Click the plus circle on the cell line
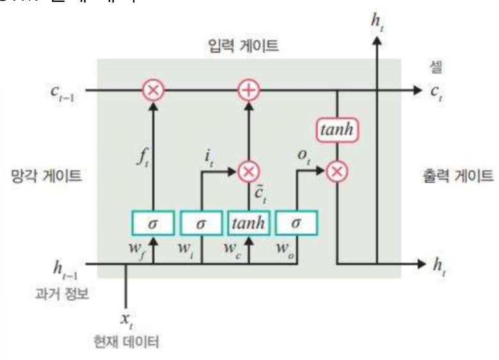pos(250,90)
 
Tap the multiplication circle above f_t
pos(153,90)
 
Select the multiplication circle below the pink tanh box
pos(336,170)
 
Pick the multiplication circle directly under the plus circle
pos(250,170)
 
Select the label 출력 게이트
pos(451,176)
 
